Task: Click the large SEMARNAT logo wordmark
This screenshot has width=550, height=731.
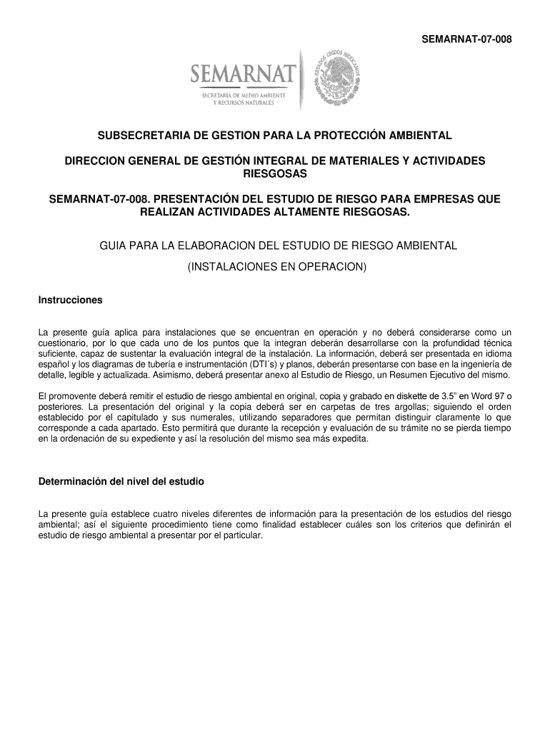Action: (242, 74)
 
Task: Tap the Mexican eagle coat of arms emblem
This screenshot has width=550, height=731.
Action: (339, 78)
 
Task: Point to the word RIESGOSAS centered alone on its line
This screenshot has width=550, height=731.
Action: (275, 174)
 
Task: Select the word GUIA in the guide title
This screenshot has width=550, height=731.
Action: (113, 246)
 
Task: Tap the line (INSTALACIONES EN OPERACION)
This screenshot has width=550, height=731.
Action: (275, 267)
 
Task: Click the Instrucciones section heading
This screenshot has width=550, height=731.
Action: (70, 300)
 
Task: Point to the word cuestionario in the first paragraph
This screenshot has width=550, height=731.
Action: (64, 343)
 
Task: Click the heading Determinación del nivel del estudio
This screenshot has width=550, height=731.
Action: (121, 482)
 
